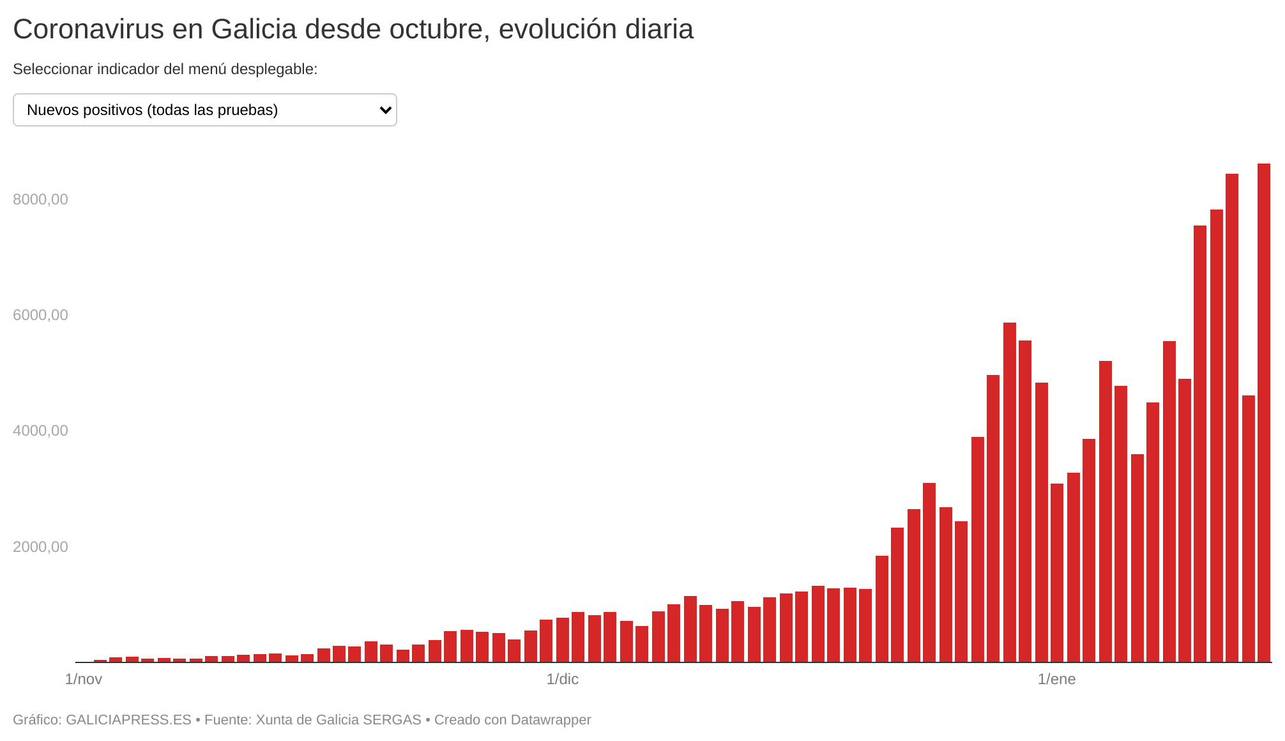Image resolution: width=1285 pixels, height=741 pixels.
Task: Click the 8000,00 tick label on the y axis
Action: pyautogui.click(x=40, y=199)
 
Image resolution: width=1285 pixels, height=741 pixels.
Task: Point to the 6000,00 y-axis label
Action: pyautogui.click(x=40, y=315)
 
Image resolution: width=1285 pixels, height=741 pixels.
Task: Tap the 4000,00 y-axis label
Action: pyautogui.click(x=40, y=431)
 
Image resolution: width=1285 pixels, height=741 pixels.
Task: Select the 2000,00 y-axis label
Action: pyautogui.click(x=40, y=547)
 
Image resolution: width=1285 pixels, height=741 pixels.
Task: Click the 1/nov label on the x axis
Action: pyautogui.click(x=84, y=679)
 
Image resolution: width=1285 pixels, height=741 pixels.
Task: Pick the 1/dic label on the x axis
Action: pyautogui.click(x=562, y=679)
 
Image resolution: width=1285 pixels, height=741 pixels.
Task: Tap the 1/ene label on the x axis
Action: pyautogui.click(x=1056, y=679)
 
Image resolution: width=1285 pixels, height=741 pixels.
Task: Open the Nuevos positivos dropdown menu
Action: pyautogui.click(x=204, y=110)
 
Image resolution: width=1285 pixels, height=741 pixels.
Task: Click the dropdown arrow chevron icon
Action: pyautogui.click(x=385, y=110)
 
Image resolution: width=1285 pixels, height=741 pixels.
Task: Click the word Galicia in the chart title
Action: pyautogui.click(x=254, y=29)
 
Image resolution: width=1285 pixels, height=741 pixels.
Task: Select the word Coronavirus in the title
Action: pyautogui.click(x=88, y=29)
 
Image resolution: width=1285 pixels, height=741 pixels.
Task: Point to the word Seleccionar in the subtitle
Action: pyautogui.click(x=52, y=69)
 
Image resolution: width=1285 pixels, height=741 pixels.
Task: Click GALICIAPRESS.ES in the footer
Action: pyautogui.click(x=128, y=720)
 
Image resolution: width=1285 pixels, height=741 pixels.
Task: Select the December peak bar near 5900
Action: pyautogui.click(x=1009, y=492)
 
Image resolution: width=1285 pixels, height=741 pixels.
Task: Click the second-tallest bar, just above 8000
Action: pyautogui.click(x=1231, y=418)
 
